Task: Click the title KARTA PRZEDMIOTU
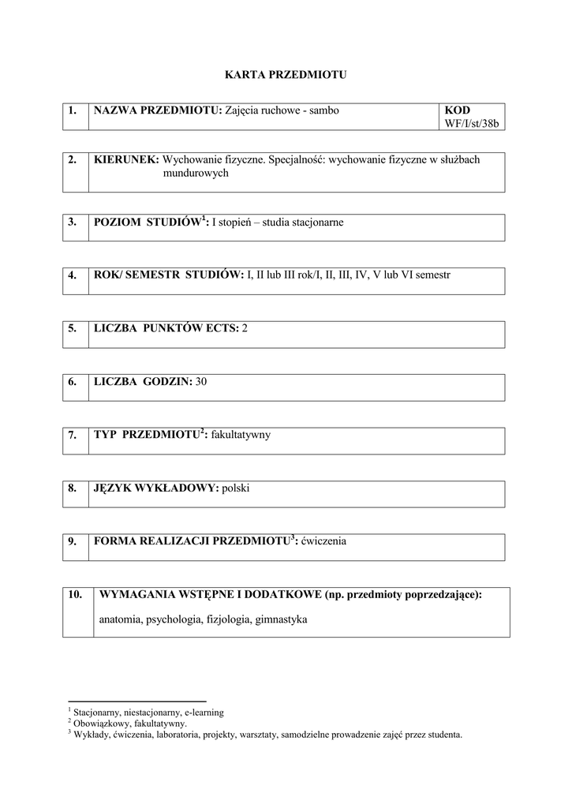(286, 75)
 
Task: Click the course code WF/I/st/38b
(473, 124)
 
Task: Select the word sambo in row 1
(324, 110)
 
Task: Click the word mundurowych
(196, 173)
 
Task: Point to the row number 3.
(72, 222)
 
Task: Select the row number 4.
(72, 275)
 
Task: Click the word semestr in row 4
(432, 275)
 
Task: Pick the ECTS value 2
(245, 327)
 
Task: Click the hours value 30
(200, 381)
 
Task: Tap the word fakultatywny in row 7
(241, 435)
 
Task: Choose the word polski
(236, 488)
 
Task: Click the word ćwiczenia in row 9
(322, 541)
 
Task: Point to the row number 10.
(76, 595)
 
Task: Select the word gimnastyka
(281, 619)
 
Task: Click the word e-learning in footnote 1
(204, 712)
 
